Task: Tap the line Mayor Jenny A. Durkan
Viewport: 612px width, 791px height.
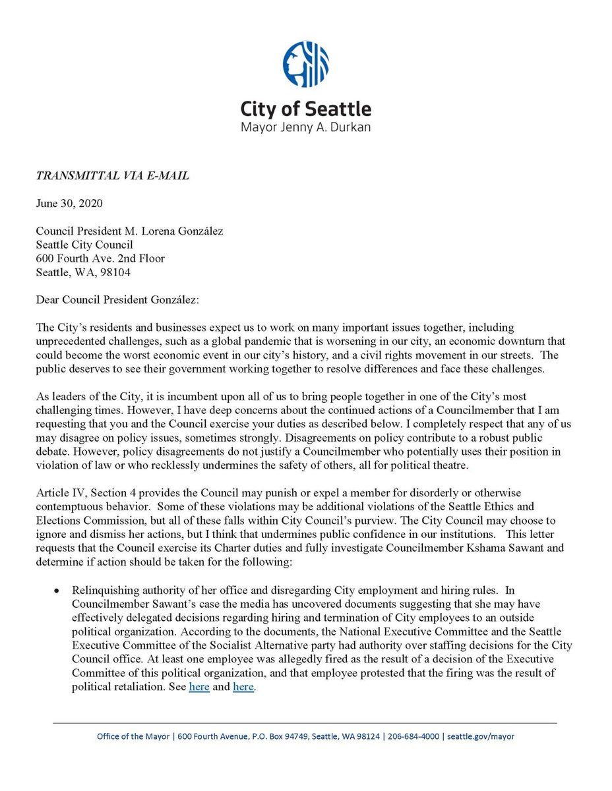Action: (x=305, y=126)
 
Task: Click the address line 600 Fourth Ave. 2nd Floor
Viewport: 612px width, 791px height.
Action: (x=100, y=258)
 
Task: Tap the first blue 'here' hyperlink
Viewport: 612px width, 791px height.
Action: (x=199, y=687)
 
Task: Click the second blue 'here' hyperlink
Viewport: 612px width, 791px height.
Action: (x=243, y=687)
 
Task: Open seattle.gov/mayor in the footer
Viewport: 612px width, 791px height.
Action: (x=481, y=736)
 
